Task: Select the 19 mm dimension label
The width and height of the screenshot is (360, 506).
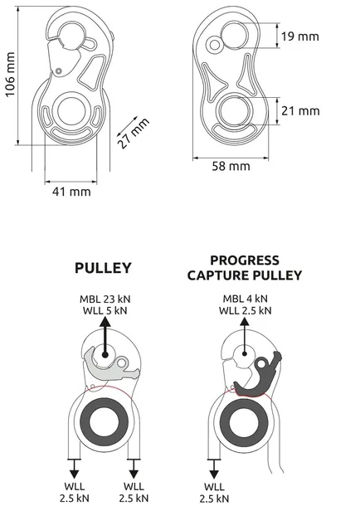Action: tap(299, 36)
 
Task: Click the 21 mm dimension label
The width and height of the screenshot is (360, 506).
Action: tap(299, 110)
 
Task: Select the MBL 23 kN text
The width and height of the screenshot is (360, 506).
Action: tap(106, 299)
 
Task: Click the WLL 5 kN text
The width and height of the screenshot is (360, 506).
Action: tap(106, 312)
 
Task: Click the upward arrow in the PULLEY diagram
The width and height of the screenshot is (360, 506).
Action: tap(107, 340)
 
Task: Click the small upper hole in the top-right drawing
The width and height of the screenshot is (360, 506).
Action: tap(214, 44)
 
